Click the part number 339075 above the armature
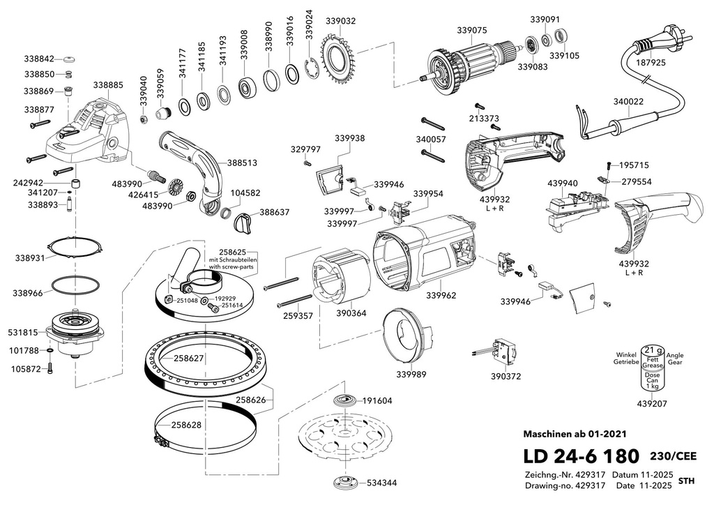pyautogui.click(x=472, y=30)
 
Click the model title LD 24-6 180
pyautogui.click(x=581, y=455)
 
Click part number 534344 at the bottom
pyautogui.click(x=381, y=482)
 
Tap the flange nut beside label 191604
pyautogui.click(x=347, y=400)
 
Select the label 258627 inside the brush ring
pyautogui.click(x=188, y=358)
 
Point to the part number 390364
pyautogui.click(x=351, y=313)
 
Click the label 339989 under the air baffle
pyautogui.click(x=411, y=375)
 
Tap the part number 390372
pyautogui.click(x=506, y=376)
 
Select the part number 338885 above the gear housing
pyautogui.click(x=108, y=84)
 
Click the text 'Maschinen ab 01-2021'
pyautogui.click(x=575, y=434)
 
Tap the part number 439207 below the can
pyautogui.click(x=652, y=403)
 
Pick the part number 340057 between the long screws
pyautogui.click(x=431, y=139)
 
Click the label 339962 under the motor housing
pyautogui.click(x=441, y=295)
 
